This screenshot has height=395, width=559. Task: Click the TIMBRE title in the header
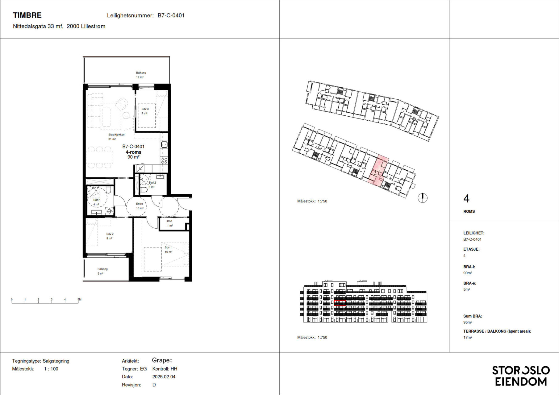coord(27,15)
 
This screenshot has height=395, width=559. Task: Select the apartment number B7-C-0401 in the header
coord(171,15)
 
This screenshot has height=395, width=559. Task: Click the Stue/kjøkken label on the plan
coord(116,135)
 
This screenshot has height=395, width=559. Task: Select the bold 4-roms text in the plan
coord(133,152)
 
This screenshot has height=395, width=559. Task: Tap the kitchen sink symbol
coord(164,144)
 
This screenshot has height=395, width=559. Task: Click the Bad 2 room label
coord(152,183)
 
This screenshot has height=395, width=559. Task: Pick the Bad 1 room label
coord(97,200)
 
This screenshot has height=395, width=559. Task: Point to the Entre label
coord(140,204)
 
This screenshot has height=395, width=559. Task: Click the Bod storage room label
coord(169,221)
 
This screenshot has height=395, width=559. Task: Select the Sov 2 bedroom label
coord(110,234)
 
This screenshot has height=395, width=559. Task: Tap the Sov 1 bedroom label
coord(168,247)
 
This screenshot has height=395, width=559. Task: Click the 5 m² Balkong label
coord(102,269)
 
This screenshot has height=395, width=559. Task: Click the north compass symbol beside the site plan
coord(423,198)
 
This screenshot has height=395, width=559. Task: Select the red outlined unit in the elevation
coord(340,303)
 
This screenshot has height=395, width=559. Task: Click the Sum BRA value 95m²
coord(468,322)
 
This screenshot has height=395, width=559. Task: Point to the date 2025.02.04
coord(164,377)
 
